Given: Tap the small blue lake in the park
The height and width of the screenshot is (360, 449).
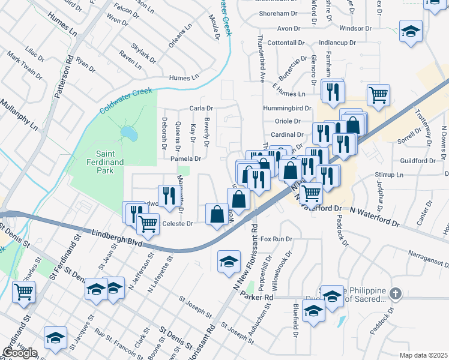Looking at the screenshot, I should (x=128, y=131).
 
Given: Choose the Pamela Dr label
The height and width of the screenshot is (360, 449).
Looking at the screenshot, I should (x=184, y=159).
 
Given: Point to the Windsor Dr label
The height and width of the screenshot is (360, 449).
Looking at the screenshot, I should (x=355, y=28).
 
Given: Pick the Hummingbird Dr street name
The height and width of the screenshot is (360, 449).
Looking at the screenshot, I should (x=287, y=109).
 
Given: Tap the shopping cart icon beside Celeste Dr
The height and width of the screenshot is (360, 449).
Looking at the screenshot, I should (x=148, y=223).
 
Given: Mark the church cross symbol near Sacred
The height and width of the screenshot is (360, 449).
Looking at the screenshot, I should (x=395, y=293).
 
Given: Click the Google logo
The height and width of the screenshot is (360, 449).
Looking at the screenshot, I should (x=20, y=353).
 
